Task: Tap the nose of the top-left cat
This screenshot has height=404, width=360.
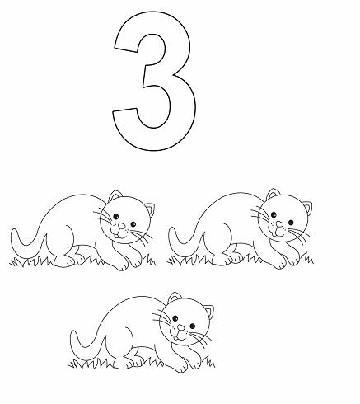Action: (x=121, y=226)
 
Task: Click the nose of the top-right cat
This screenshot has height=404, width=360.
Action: (x=279, y=224)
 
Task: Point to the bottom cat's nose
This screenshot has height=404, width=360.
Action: (x=180, y=327)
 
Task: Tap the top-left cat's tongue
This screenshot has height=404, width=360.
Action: (x=116, y=235)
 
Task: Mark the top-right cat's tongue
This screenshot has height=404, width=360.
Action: (x=274, y=234)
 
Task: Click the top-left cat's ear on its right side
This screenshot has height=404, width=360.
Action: (x=149, y=209)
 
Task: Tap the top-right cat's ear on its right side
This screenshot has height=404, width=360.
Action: (x=307, y=208)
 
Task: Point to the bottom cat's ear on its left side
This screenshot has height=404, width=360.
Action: (x=174, y=298)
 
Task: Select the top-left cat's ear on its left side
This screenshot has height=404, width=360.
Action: (x=115, y=195)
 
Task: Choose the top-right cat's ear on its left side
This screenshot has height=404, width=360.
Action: (x=273, y=194)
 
